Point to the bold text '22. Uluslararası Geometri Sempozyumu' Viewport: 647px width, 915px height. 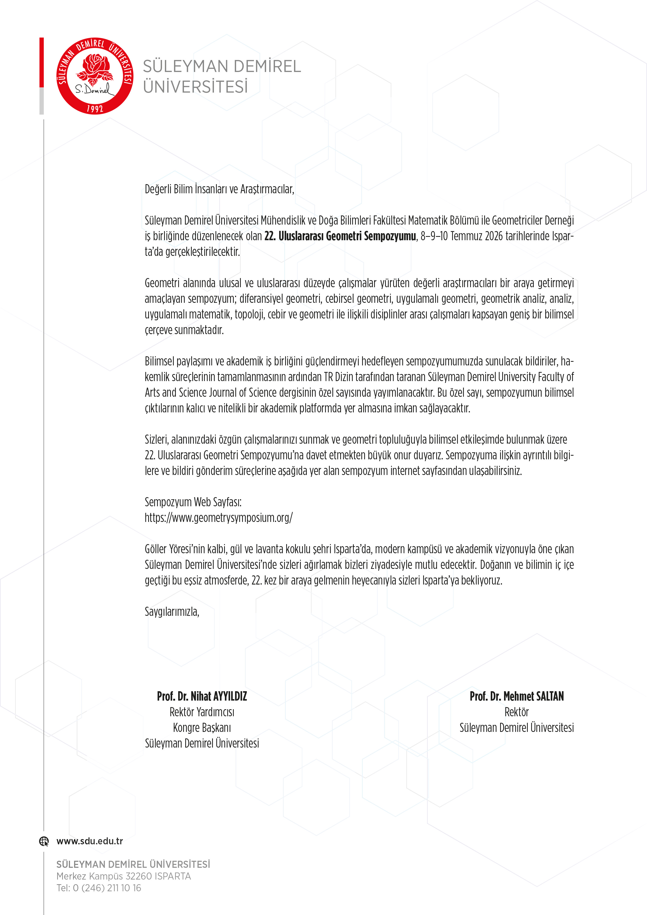coord(340,236)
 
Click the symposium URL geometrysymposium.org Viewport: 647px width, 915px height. coord(218,518)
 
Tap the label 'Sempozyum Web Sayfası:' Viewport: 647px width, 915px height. coord(193,502)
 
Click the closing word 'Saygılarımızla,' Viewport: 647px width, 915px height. coord(172,612)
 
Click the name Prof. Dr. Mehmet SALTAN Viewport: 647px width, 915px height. coord(517,696)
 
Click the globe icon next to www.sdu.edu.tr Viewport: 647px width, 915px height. coord(44,841)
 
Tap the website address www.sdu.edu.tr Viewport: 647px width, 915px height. coord(90,841)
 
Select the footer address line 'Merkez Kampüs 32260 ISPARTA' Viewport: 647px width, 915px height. coord(124,876)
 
